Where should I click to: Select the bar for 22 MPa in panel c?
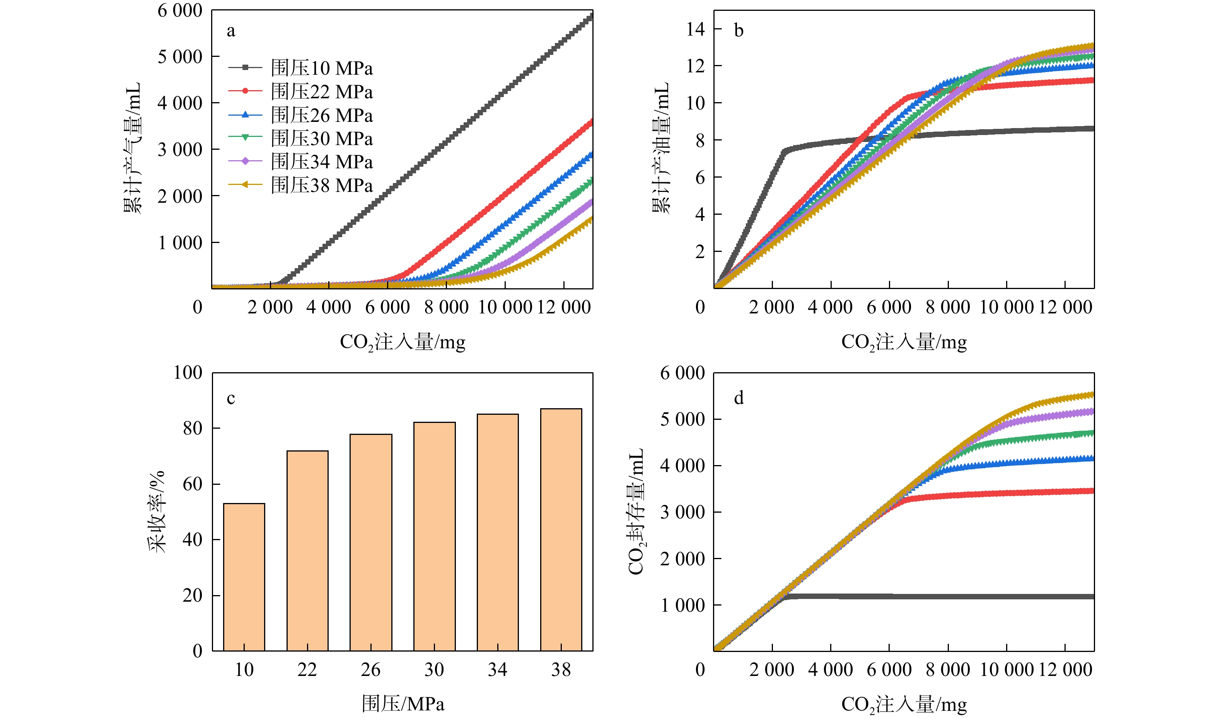(x=307, y=551)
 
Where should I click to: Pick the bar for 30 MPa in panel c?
(x=434, y=537)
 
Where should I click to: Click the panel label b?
(x=739, y=31)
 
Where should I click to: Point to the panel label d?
(x=739, y=398)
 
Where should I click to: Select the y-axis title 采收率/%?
(x=157, y=512)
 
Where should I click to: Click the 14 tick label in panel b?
(x=695, y=29)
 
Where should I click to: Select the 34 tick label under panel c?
(x=497, y=670)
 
